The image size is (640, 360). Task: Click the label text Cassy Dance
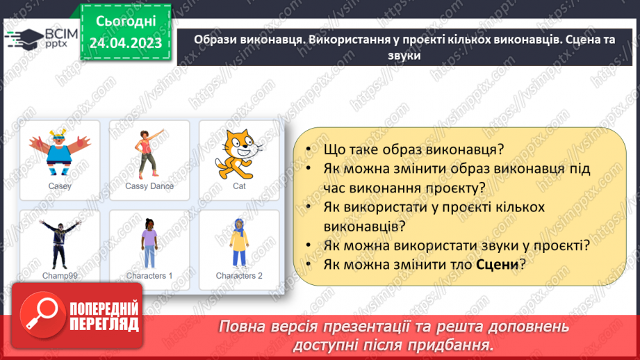[x=149, y=186]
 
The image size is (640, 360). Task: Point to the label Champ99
[x=60, y=276]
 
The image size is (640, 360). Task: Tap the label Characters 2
[x=239, y=276]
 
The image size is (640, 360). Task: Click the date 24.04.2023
[x=126, y=44]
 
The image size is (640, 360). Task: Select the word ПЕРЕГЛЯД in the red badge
[x=103, y=324]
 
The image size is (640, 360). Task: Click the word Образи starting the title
[x=215, y=40]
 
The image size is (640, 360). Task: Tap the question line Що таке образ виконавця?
[x=413, y=149]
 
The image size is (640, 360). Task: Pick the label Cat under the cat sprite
[x=239, y=186]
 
